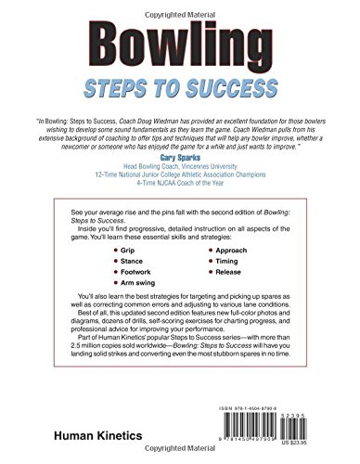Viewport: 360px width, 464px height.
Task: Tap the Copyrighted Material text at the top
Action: pos(179,6)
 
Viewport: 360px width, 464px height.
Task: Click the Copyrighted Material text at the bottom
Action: pos(179,458)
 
